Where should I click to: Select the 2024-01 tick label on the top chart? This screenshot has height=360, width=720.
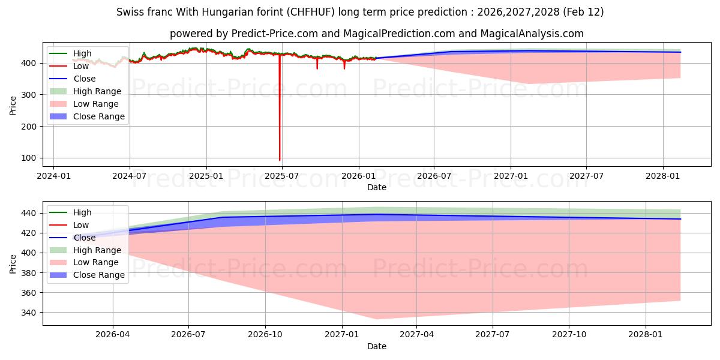53,176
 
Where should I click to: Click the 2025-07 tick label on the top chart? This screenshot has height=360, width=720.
282,176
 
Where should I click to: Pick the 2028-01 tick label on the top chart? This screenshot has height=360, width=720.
663,176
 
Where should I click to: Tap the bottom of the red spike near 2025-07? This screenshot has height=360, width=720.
280,160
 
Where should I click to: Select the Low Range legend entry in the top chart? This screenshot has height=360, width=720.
97,104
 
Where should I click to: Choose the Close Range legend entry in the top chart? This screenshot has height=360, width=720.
99,117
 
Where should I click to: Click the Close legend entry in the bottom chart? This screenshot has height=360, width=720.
85,238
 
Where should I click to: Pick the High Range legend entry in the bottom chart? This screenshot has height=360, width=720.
97,250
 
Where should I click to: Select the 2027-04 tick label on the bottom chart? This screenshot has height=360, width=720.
416,335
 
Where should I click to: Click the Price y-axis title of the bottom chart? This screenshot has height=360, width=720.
13,263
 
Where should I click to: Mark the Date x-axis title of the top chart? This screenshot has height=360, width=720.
377,187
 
